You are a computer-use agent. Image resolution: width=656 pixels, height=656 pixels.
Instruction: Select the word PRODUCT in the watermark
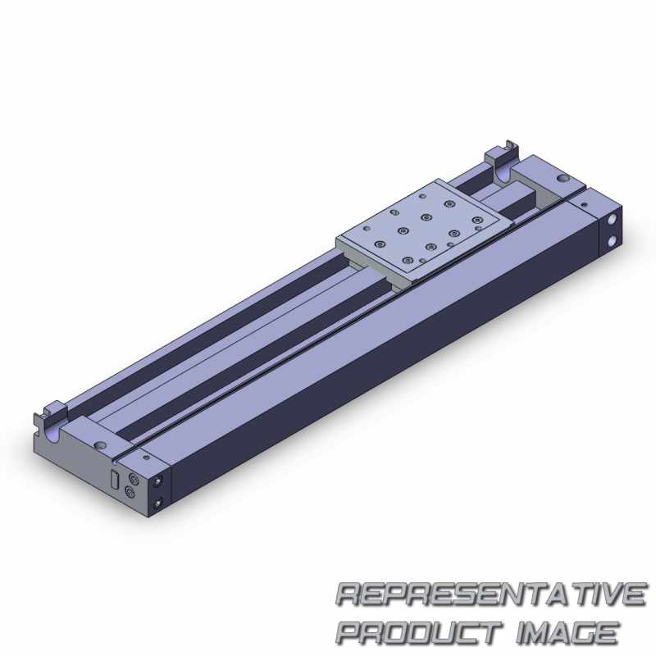pos(419,632)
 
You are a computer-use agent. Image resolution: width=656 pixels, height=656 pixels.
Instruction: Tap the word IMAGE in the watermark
pos(567,632)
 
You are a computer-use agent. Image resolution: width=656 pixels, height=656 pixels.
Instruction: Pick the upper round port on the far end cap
pos(613,219)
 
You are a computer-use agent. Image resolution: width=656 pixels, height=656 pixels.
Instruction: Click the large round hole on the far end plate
pos(563,179)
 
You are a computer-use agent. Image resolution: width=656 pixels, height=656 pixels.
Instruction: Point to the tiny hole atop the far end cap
pos(585,205)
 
